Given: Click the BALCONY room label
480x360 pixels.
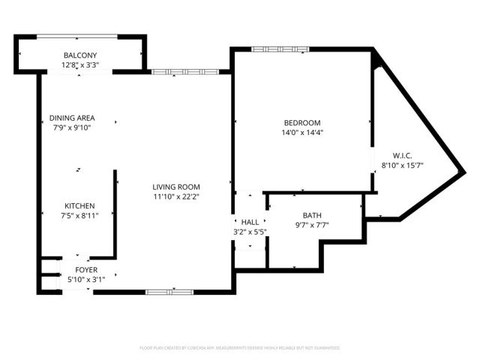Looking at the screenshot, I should click(x=80, y=56).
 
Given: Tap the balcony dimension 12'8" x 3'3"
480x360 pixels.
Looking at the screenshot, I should click(x=80, y=65).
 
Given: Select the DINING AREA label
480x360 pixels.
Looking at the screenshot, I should click(x=72, y=118).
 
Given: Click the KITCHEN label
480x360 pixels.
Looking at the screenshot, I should click(x=79, y=205).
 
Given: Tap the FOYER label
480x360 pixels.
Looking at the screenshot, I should click(x=85, y=270).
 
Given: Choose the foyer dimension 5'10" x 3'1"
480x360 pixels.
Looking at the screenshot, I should click(x=85, y=279).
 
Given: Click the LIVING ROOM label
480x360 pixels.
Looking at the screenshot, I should click(x=176, y=187).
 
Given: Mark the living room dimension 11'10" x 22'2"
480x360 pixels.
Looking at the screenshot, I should click(x=176, y=196).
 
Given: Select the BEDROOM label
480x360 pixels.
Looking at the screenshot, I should click(x=301, y=123).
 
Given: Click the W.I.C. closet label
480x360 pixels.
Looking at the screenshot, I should click(x=403, y=156).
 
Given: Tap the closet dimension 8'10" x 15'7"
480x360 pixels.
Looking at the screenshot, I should click(x=403, y=165).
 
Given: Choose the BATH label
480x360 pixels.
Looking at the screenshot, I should click(x=312, y=215).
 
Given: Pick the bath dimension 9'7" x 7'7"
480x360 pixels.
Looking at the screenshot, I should click(x=312, y=224).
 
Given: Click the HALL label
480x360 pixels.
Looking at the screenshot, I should click(x=250, y=222).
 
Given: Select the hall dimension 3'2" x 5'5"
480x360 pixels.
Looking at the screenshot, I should click(x=250, y=231).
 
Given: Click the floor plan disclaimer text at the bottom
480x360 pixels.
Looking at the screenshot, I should click(x=240, y=348).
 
